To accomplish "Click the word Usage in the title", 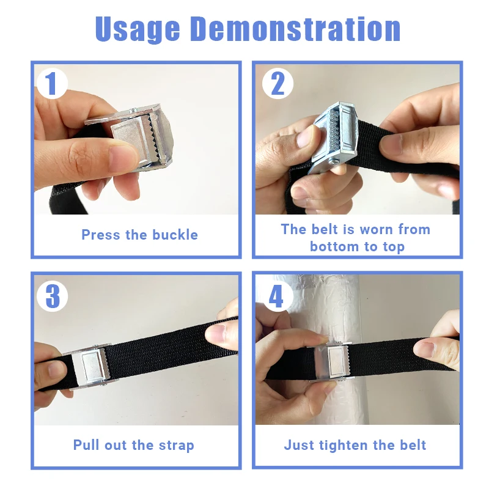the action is click(138, 29).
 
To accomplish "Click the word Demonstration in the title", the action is click(295, 29).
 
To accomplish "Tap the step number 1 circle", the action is click(52, 84).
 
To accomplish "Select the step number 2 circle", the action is click(278, 84).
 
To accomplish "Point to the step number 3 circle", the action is click(52, 296).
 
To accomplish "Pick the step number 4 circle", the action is click(277, 296).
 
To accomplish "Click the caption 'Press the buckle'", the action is click(140, 235).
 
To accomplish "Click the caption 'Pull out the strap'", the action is click(133, 446).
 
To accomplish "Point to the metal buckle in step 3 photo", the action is click(90, 366).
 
